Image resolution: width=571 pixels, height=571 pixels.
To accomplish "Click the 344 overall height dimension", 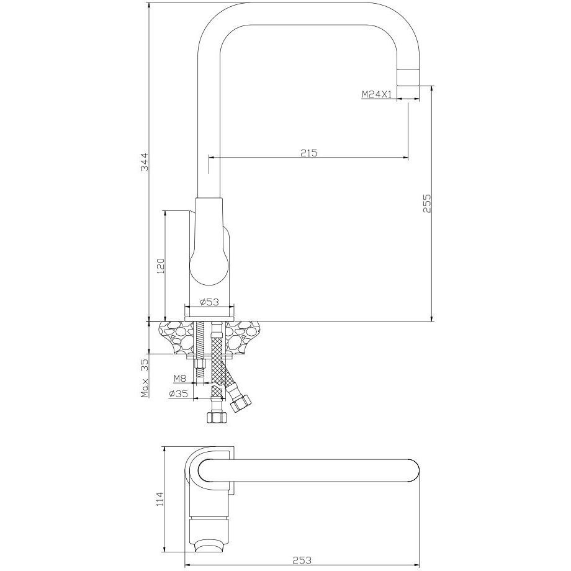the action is [x=145, y=162].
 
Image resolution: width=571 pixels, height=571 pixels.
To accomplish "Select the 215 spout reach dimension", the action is [x=309, y=153].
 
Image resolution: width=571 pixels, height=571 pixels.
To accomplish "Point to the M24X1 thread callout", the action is [x=377, y=94].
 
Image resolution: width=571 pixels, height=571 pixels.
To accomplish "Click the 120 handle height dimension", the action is [x=161, y=266].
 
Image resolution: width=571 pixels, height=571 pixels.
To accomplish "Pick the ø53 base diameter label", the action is [x=209, y=302].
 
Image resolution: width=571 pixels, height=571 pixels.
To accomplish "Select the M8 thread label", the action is [x=179, y=379].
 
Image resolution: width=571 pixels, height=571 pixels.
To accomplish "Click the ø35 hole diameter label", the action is [x=178, y=393].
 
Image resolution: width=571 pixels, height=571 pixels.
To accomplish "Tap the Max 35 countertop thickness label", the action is [x=145, y=377].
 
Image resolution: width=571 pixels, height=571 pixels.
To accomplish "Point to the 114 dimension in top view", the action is [x=160, y=499].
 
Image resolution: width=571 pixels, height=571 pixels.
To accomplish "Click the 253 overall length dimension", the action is [x=302, y=560].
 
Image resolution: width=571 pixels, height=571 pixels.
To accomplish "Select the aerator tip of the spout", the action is [x=408, y=77].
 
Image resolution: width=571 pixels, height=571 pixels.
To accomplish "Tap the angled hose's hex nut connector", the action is [x=241, y=403].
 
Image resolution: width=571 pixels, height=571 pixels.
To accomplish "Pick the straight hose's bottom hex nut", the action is [x=217, y=417].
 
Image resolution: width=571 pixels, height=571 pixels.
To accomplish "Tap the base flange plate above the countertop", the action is [x=209, y=319].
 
